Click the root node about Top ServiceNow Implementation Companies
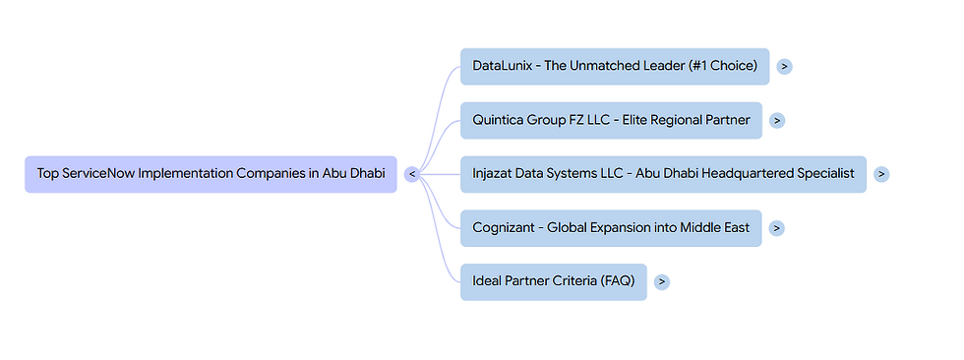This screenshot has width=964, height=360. click(211, 174)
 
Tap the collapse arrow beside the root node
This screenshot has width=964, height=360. click(412, 174)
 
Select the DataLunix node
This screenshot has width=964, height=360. click(614, 66)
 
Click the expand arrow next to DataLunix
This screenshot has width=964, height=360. click(784, 66)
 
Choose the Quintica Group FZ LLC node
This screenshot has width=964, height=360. click(610, 120)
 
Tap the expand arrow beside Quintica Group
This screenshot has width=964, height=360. click(777, 120)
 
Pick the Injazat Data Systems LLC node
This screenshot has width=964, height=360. click(663, 174)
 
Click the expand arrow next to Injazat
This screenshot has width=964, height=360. click(881, 174)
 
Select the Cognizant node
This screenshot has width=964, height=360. click(610, 228)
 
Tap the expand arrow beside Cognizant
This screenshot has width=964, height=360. click(777, 228)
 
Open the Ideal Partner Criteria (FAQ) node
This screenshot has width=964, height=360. click(553, 281)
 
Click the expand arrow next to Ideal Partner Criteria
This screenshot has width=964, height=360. click(662, 281)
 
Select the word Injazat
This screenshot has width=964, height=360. click(496, 174)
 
